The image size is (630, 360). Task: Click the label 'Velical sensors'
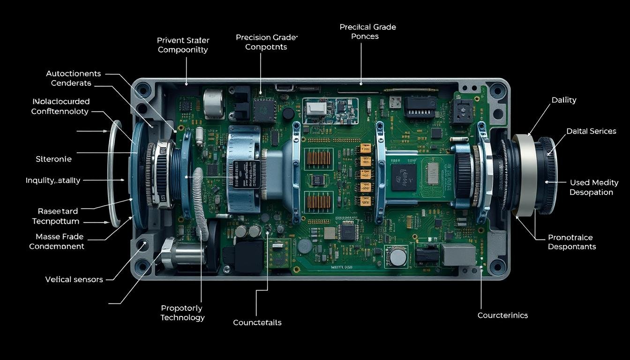point(74,279)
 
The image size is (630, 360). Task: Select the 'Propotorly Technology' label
point(182,313)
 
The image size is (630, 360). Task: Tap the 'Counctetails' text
point(257,322)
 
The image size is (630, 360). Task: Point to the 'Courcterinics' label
point(502,315)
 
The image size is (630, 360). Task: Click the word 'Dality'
point(564,100)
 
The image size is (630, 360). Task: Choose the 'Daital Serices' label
point(591,131)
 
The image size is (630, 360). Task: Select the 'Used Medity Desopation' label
point(594,187)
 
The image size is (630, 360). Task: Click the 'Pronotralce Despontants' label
point(571,242)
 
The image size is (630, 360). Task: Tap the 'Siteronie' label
point(53,159)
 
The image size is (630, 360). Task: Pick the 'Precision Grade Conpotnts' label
point(267,42)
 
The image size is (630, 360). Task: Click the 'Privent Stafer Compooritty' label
point(183,45)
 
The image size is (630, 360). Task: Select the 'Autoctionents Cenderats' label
point(73,78)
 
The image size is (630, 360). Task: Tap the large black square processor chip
point(404,177)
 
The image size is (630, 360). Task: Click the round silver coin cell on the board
point(398,257)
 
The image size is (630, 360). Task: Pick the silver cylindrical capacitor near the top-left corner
point(214,102)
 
